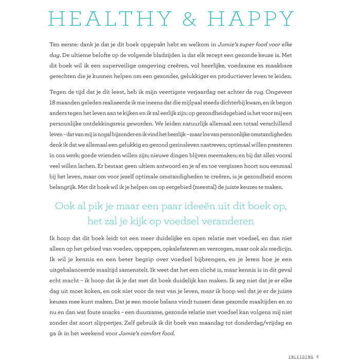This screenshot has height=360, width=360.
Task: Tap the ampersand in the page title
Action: [189, 19]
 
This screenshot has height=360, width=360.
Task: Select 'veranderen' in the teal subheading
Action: [225, 222]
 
